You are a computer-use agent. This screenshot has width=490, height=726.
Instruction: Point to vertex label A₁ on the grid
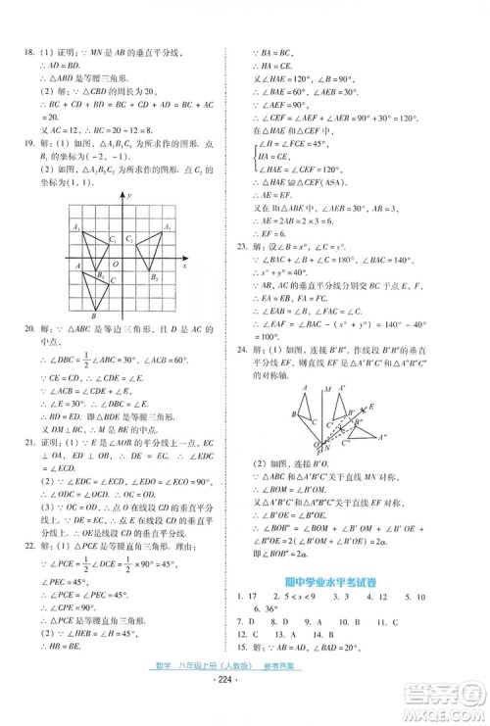(75, 228)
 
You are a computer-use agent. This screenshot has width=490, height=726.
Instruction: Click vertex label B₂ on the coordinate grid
(155, 278)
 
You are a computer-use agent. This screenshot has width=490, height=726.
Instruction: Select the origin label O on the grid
(116, 265)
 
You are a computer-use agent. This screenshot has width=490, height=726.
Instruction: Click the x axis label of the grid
(184, 266)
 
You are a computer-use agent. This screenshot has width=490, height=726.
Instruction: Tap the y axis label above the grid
(128, 197)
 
